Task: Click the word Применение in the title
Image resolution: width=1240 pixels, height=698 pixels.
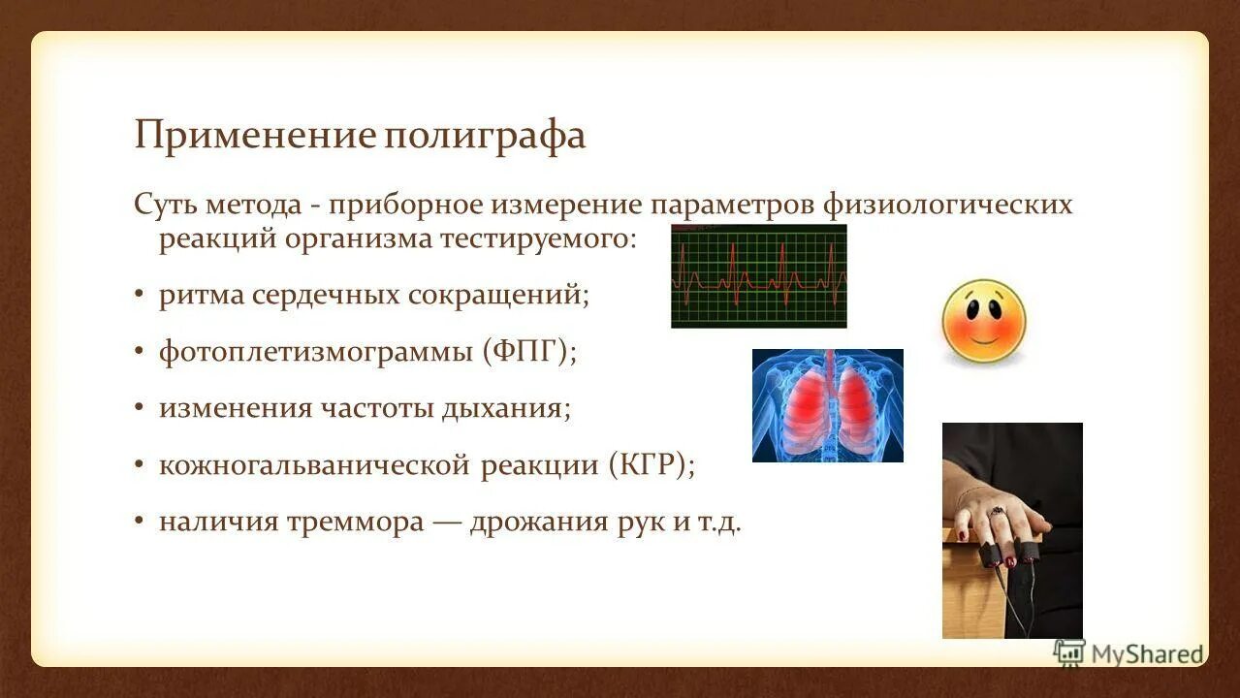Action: click(x=255, y=136)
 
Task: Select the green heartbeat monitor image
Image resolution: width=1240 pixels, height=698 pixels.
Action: click(x=758, y=276)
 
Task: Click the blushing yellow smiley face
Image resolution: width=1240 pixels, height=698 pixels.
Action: click(x=983, y=322)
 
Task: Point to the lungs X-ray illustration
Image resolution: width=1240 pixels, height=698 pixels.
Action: click(x=827, y=405)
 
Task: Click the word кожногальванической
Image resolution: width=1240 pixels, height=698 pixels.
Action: click(x=316, y=464)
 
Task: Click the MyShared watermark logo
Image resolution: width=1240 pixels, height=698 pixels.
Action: click(x=1129, y=652)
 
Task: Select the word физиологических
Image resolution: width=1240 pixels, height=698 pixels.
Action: click(x=947, y=206)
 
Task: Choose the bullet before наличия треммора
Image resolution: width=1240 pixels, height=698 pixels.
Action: click(x=140, y=522)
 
